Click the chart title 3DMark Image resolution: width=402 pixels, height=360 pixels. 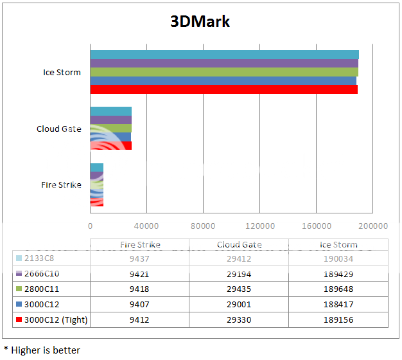(x=200, y=21)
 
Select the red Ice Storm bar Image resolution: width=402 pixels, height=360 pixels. (x=223, y=89)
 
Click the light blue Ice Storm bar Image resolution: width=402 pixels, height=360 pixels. (x=224, y=55)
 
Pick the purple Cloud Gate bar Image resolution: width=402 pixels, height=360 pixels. (x=110, y=120)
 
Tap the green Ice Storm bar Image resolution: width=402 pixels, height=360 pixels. (x=223, y=72)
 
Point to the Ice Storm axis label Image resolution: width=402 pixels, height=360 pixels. (x=62, y=72)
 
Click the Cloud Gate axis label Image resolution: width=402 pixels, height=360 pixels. (x=58, y=129)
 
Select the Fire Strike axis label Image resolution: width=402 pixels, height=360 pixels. (x=61, y=184)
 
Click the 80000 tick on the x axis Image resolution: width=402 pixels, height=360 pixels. (x=203, y=226)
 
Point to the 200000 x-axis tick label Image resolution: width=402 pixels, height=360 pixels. (x=373, y=226)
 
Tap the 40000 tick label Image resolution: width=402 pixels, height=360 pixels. (x=146, y=226)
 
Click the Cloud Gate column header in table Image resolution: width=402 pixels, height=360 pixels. (x=239, y=245)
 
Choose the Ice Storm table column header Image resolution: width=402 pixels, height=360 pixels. (x=338, y=245)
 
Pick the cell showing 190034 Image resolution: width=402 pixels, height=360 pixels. (x=338, y=258)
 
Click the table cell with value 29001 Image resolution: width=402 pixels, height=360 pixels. (x=239, y=304)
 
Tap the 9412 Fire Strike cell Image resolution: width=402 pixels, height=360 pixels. (x=140, y=319)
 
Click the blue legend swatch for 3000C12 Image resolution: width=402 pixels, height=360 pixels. (x=19, y=304)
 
